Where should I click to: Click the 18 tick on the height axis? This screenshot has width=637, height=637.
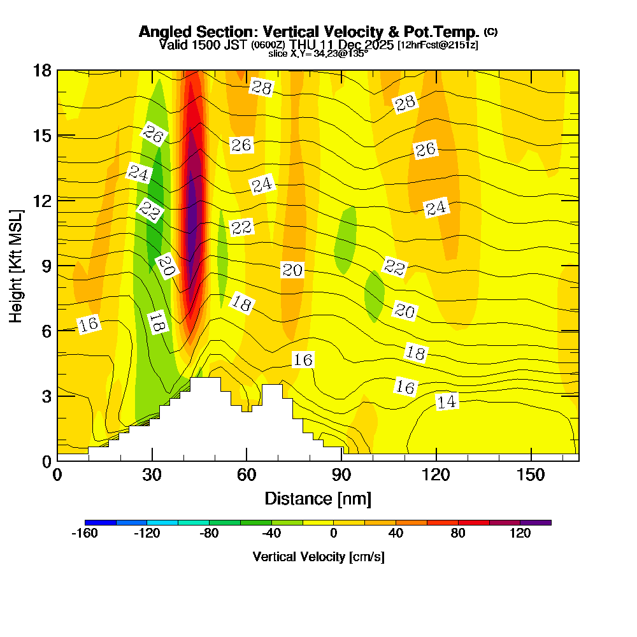coord(42,71)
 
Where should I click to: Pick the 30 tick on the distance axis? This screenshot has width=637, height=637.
coord(152,475)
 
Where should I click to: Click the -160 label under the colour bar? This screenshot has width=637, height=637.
coord(85,534)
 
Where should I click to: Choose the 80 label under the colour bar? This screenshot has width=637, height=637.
coord(458,534)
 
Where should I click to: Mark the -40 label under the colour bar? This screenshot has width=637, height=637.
coord(271,534)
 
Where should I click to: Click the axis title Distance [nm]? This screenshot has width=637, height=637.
coord(318,497)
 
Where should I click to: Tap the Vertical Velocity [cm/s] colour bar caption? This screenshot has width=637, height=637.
coord(318,557)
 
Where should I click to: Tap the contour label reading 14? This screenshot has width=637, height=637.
coord(447,401)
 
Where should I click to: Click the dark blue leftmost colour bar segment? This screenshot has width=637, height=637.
coord(100,522)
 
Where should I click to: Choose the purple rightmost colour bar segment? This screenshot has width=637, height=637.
coord(536,522)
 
